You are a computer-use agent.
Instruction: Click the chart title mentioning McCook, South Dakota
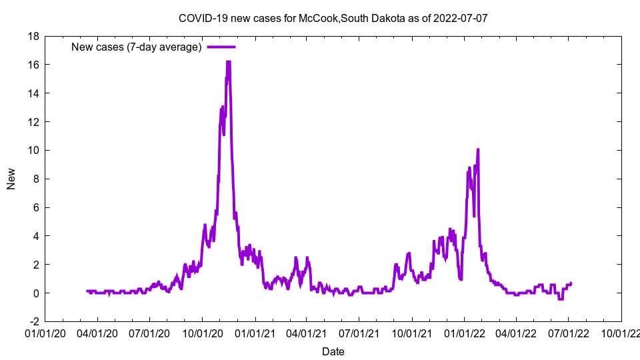[x=333, y=18]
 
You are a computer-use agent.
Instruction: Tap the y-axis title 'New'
[x=11, y=179]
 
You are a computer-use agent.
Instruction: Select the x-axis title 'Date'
[x=333, y=351]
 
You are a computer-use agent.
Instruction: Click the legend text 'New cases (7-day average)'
[x=137, y=47]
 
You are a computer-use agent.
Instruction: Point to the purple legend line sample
[x=221, y=47]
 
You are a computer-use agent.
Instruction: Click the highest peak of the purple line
[x=228, y=62]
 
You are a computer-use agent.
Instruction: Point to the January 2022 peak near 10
[x=478, y=150]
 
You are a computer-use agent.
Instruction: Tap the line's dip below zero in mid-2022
[x=561, y=299]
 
